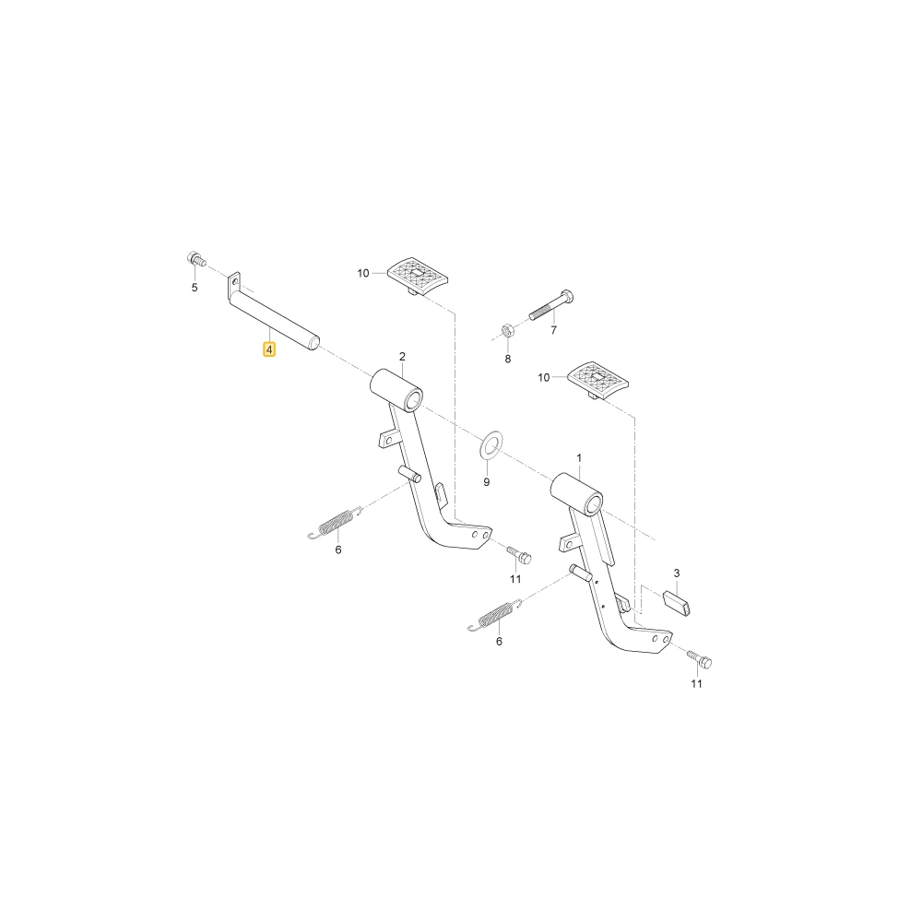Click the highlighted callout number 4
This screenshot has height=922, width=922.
coord(268,349)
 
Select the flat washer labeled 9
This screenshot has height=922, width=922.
coord(491,446)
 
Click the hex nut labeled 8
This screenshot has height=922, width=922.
coord(507,330)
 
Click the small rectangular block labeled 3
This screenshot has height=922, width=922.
coord(677,603)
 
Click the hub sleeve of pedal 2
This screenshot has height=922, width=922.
coord(396,389)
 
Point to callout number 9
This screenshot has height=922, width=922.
coord(486,482)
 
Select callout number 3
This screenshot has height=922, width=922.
coord(677,573)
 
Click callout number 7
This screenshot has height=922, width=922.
coord(553,330)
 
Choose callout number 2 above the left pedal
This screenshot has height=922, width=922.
coord(402,356)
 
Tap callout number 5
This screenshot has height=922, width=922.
coord(195,288)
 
